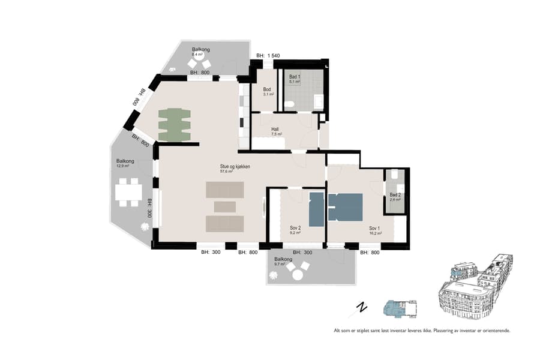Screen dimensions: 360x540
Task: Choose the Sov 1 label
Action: (374, 229)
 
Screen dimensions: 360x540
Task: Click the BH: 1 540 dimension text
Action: (268, 56)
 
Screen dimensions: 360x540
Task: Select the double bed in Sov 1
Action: (345, 207)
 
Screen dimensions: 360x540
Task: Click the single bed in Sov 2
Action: (316, 208)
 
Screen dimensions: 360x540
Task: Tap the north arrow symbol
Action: (362, 307)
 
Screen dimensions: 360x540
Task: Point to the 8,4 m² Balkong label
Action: (201, 52)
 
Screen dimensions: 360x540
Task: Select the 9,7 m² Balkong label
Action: (283, 261)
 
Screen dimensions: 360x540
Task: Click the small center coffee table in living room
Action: (225, 207)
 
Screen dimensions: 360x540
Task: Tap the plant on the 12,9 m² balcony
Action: (144, 227)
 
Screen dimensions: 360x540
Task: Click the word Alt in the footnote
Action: (338, 331)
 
